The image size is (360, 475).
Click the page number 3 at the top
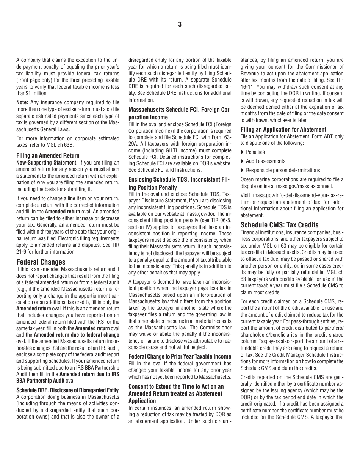tap(180, 25)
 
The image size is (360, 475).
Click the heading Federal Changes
tap(41, 262)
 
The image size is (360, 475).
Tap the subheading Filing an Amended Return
tap(48, 155)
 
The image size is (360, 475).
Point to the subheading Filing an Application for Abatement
tap(283, 129)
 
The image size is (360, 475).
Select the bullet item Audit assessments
tap(265, 161)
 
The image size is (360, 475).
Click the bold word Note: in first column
tap(22, 102)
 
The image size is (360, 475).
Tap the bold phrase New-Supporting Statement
tap(46, 162)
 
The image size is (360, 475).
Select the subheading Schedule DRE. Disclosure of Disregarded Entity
tap(67, 390)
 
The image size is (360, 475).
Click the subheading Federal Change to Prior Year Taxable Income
tap(180, 356)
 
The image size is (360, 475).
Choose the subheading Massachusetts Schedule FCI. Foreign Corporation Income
tap(180, 113)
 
